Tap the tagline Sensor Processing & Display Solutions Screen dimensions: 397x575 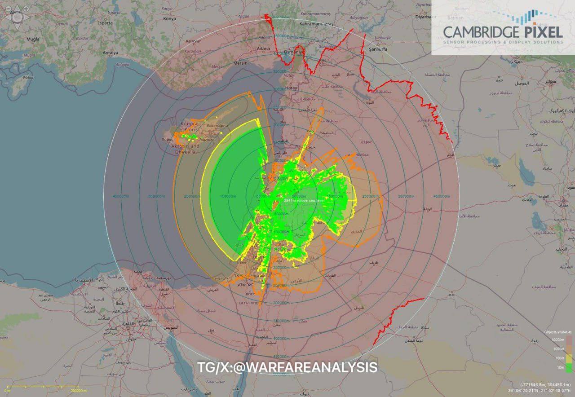point(503,42)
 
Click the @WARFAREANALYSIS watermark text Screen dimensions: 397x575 point(287,367)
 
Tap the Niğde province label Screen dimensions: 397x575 point(243,16)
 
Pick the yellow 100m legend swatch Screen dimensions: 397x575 point(569,358)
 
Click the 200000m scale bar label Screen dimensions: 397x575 point(81,391)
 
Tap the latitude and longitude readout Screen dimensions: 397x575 point(540,391)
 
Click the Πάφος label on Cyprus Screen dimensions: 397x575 point(168,139)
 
